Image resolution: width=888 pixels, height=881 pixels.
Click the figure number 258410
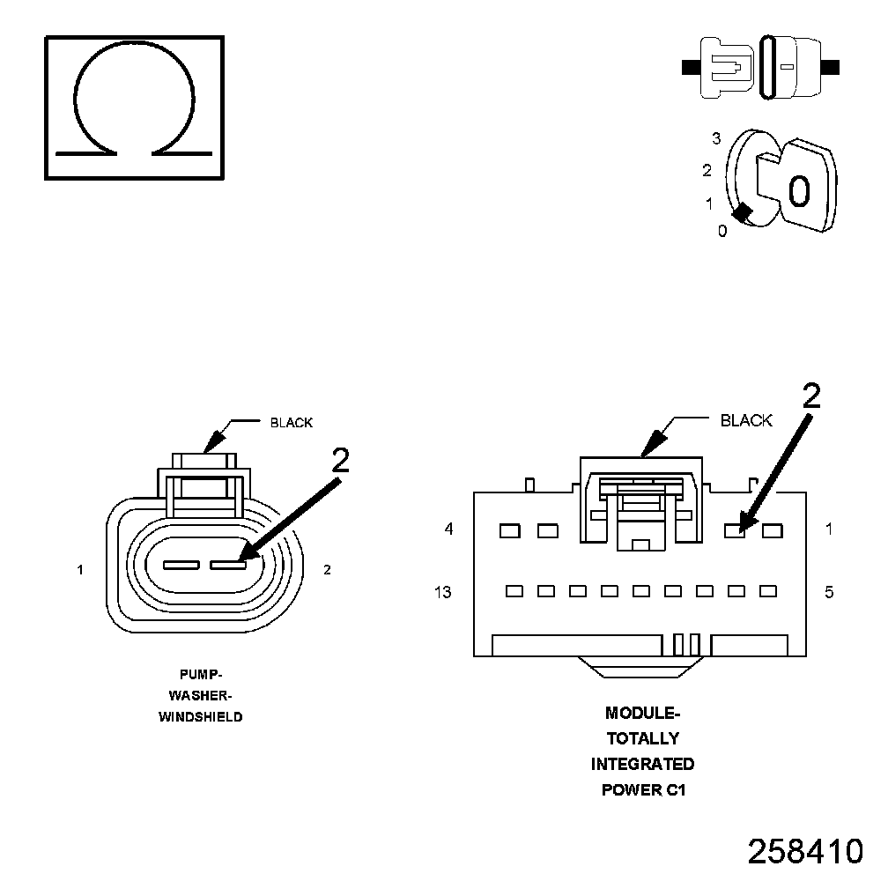pyautogui.click(x=804, y=851)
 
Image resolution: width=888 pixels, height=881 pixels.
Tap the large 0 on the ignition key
pyautogui.click(x=798, y=191)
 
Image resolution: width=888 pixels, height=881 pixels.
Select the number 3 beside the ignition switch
pyautogui.click(x=716, y=138)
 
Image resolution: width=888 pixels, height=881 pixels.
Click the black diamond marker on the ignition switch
pyautogui.click(x=744, y=212)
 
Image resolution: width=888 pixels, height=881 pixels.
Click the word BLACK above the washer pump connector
pyautogui.click(x=291, y=423)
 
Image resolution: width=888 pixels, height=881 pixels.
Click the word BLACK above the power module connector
pyautogui.click(x=745, y=420)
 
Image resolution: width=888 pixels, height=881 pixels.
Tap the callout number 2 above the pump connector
pyautogui.click(x=339, y=460)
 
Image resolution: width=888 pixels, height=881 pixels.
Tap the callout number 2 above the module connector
pyautogui.click(x=811, y=397)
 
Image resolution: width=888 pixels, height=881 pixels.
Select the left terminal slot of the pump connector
pyautogui.click(x=181, y=565)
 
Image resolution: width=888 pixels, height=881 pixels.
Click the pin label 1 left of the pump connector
pyautogui.click(x=80, y=570)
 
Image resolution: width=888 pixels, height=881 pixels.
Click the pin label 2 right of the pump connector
pyautogui.click(x=327, y=570)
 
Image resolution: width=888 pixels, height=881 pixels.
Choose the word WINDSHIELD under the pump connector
pyautogui.click(x=200, y=717)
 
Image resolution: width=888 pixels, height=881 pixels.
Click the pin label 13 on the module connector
pyautogui.click(x=442, y=592)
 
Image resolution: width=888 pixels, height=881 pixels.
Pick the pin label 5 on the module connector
pyautogui.click(x=829, y=592)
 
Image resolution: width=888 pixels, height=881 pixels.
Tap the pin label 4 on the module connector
pyautogui.click(x=448, y=529)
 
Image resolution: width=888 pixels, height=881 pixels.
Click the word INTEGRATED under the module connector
pyautogui.click(x=642, y=764)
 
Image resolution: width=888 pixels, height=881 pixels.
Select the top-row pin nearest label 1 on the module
pyautogui.click(x=773, y=530)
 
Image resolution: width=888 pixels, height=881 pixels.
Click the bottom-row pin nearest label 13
pyautogui.click(x=514, y=591)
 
